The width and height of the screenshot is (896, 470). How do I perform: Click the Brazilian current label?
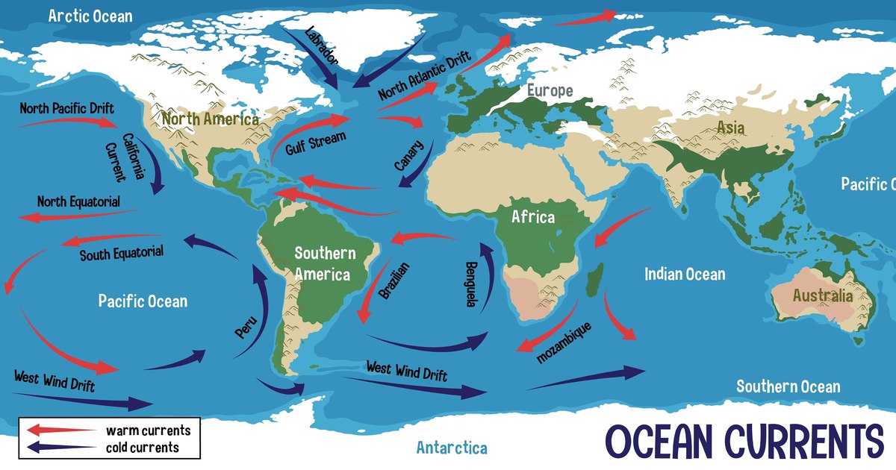click(x=394, y=281)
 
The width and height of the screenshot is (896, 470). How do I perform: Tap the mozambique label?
click(x=564, y=343)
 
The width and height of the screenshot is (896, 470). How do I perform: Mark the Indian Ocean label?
click(x=685, y=275)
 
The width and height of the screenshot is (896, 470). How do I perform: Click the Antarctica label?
click(x=452, y=448)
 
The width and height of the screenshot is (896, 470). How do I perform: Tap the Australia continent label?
click(x=822, y=296)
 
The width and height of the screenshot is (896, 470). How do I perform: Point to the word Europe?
click(x=550, y=91)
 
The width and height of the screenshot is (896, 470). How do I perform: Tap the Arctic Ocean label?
click(x=90, y=16)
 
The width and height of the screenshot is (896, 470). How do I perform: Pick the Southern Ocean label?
click(x=788, y=386)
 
